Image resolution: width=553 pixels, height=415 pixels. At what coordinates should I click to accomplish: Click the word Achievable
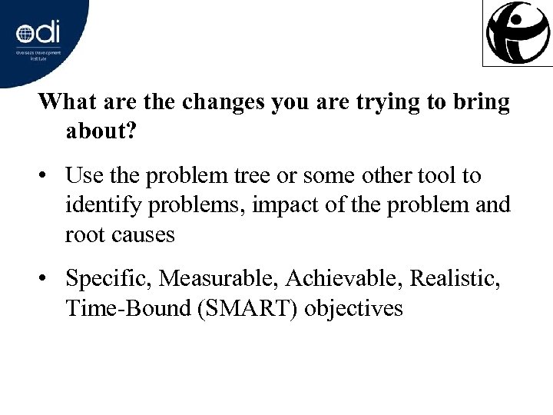point(342,280)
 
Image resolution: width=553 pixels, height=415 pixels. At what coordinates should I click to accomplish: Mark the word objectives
point(354,309)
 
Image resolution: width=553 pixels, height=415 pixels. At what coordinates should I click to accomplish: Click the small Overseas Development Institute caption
point(38,58)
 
